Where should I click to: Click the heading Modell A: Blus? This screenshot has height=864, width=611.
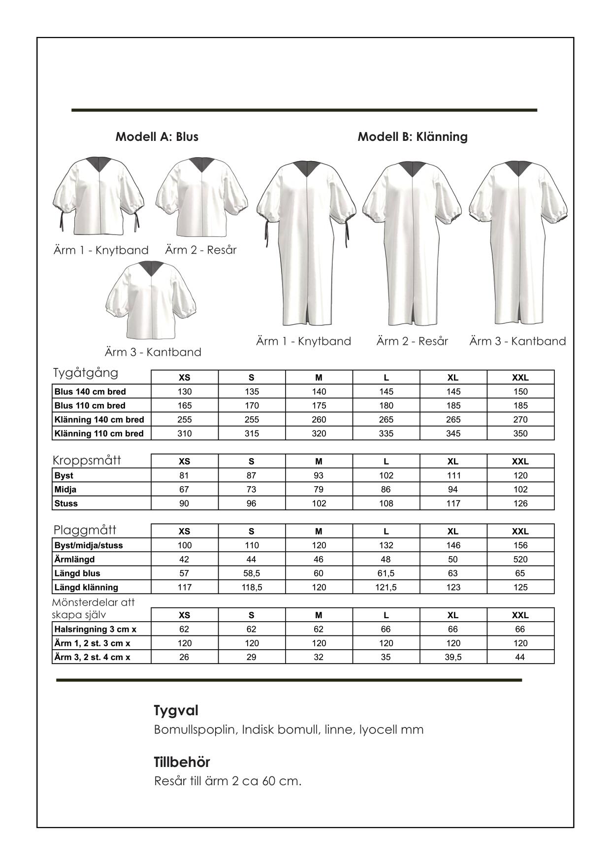157,136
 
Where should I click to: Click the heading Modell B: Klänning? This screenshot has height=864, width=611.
412,136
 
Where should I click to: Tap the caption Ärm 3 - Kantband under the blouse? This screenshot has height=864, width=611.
153,352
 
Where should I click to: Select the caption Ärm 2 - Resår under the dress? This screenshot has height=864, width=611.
412,341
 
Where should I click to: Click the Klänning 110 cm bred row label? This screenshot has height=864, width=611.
99,433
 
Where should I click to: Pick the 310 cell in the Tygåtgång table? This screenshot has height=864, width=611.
185,433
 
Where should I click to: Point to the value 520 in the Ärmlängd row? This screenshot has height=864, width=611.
520,559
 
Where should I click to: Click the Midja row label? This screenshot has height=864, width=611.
65,489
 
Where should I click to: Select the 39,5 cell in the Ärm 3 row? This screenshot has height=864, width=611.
453,657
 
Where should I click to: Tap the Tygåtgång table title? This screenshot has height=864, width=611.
86,373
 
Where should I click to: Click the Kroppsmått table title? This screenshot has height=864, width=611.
87,460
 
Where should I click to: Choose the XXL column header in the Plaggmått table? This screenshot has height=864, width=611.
520,531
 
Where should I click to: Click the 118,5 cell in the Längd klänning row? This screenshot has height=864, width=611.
252,587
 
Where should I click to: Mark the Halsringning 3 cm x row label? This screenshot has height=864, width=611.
96,629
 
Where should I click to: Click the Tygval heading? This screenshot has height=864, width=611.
176,710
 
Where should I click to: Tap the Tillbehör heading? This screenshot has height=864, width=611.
182,762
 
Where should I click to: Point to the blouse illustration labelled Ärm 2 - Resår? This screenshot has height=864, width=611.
202,197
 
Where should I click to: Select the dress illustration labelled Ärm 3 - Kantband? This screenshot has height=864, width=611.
518,241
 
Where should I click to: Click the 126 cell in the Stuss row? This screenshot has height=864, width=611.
520,503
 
